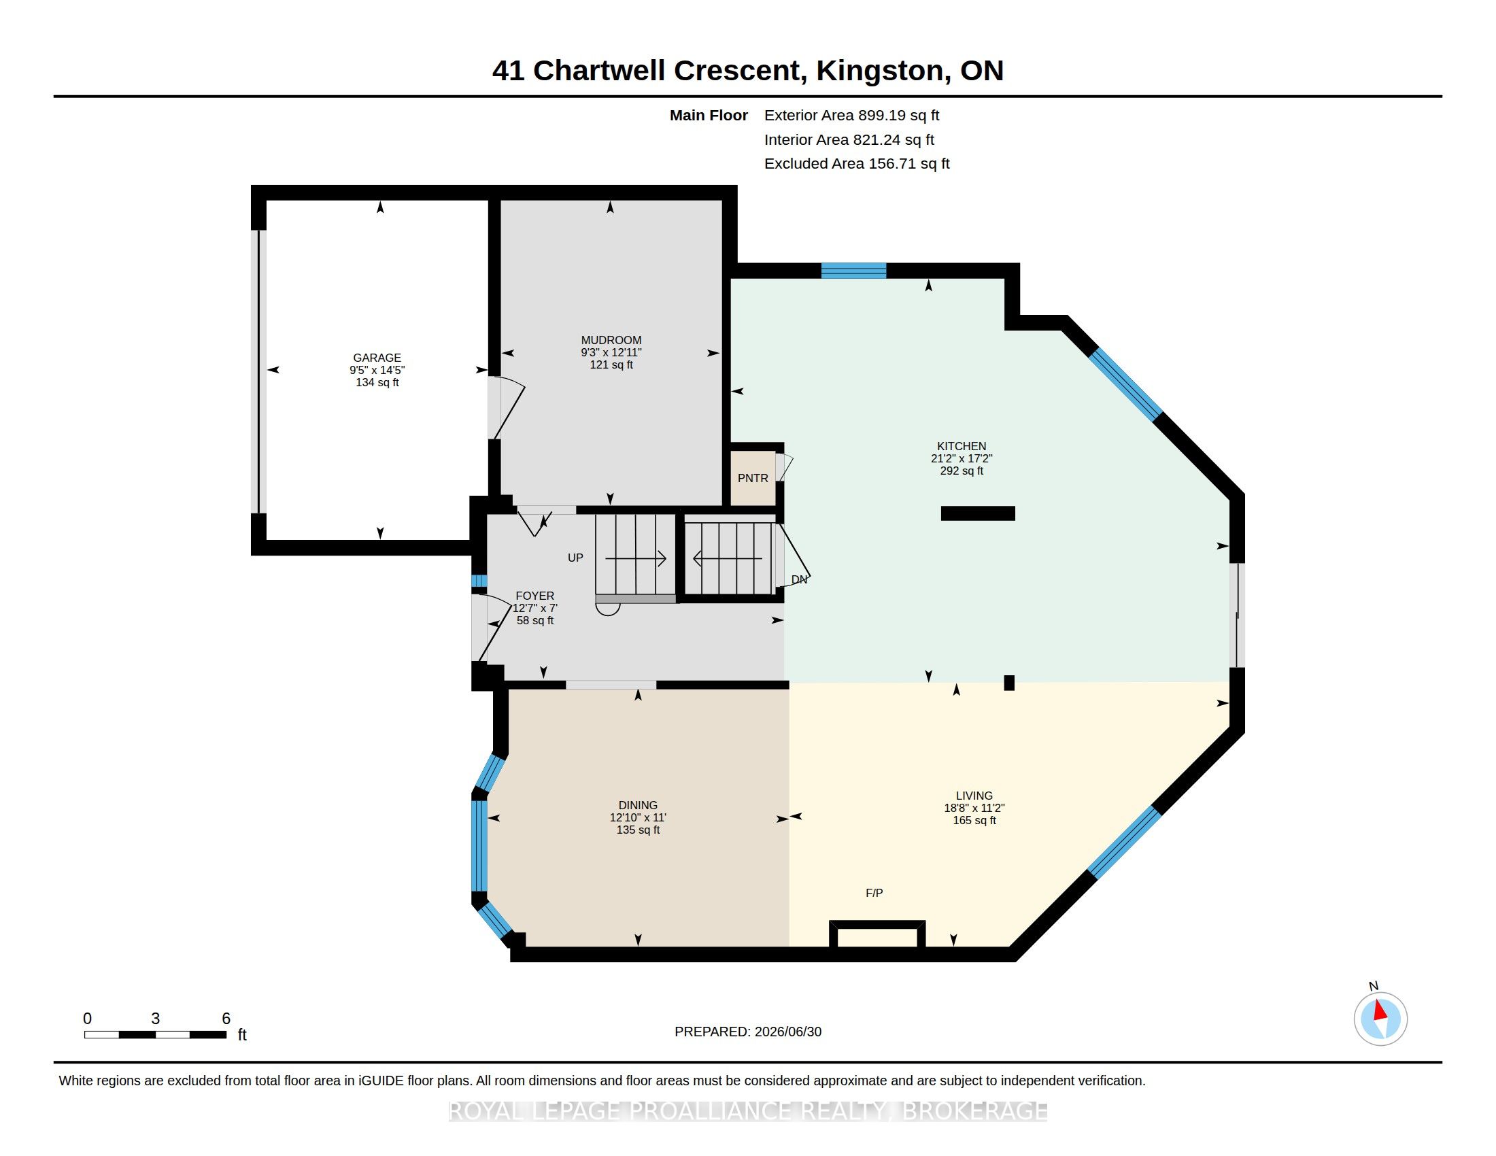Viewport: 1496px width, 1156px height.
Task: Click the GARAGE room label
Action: coord(377,358)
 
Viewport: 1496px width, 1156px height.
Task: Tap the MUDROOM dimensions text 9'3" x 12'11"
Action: coord(611,353)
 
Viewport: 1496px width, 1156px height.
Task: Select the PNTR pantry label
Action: coord(753,478)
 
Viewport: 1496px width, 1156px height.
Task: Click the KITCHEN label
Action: coord(962,446)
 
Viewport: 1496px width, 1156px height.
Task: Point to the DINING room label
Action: coord(638,805)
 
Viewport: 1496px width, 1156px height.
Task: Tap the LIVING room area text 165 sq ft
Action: coord(974,821)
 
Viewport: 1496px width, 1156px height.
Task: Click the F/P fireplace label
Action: coord(874,893)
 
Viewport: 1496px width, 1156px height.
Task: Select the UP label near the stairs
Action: coord(575,558)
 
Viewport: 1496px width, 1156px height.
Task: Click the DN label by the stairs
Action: coord(799,579)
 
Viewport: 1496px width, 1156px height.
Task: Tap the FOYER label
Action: coord(535,596)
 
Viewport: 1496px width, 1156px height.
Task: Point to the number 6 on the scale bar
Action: coord(226,1019)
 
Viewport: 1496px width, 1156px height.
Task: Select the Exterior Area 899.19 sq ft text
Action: coord(851,116)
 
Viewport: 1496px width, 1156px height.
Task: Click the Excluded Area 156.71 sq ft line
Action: coord(857,164)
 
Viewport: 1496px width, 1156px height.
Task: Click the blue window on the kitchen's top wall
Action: coord(853,271)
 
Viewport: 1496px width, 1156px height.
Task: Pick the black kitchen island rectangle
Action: coord(977,513)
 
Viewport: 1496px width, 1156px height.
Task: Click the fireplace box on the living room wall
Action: coord(877,935)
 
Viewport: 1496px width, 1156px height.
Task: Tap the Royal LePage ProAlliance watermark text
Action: coord(748,1112)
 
